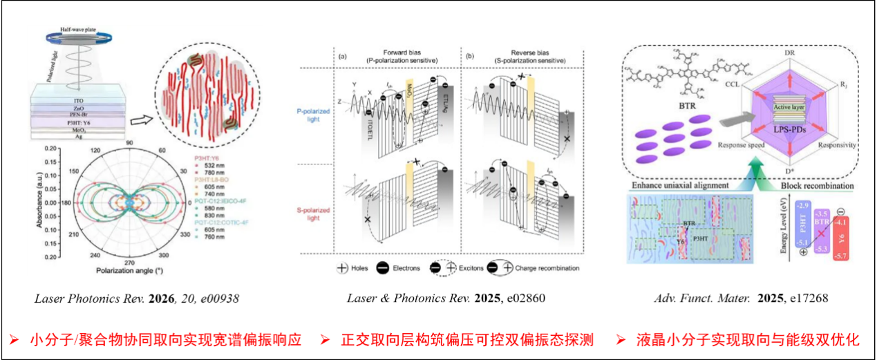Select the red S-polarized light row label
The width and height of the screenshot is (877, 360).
(x=314, y=214)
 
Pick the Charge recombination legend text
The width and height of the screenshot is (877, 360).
(x=545, y=268)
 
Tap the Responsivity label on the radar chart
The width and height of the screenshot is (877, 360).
(x=836, y=145)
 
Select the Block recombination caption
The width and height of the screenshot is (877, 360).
(x=818, y=187)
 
